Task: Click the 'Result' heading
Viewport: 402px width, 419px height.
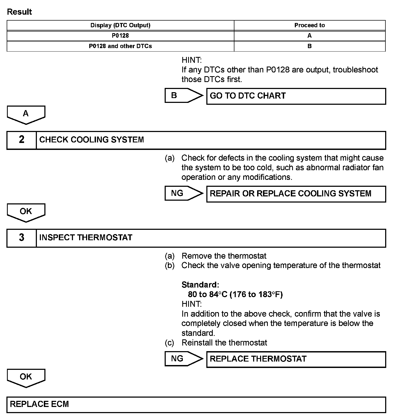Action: pos(19,12)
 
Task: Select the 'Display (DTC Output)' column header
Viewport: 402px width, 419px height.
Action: pos(120,25)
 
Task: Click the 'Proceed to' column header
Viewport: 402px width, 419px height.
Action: pos(310,25)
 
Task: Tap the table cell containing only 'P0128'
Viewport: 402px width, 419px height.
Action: pos(120,36)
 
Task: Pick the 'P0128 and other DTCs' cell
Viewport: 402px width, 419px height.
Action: pos(120,46)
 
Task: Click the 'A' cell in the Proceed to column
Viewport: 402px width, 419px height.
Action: pos(310,36)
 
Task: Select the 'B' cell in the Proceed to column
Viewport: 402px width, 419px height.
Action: pos(310,46)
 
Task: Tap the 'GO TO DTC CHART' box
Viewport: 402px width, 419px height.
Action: pos(296,96)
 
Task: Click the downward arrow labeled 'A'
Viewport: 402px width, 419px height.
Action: pos(26,115)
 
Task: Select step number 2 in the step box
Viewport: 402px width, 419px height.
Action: pos(22,140)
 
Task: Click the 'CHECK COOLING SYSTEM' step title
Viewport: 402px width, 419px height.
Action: pos(91,140)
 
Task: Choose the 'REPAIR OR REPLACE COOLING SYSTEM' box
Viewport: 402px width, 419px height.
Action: pos(296,194)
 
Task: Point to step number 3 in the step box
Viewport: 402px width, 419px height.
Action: pos(22,238)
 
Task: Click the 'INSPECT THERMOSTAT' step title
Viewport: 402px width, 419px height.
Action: pos(86,238)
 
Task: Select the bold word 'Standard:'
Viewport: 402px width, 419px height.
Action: pos(200,285)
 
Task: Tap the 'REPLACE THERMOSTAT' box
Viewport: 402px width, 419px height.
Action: pos(296,359)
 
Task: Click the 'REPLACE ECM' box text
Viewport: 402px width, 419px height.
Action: pos(39,404)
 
